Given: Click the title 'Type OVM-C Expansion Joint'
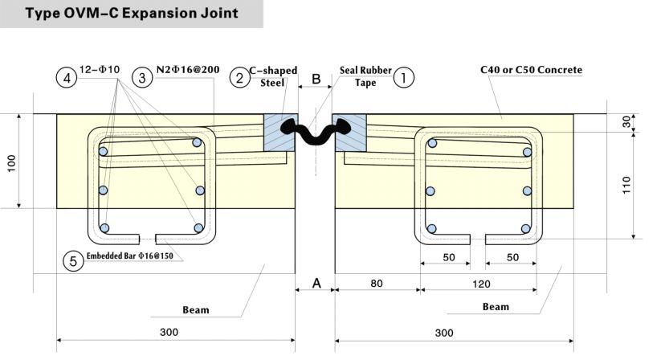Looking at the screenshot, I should click(132, 14).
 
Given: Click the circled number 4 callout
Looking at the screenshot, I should click(67, 78).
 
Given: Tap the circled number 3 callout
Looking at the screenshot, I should click(141, 78).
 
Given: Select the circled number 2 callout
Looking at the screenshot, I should click(239, 78).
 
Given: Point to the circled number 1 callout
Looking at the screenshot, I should click(406, 77).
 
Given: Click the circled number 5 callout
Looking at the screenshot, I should click(73, 261).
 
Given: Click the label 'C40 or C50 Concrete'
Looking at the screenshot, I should click(532, 71).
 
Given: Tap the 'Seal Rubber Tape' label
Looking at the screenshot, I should click(365, 76).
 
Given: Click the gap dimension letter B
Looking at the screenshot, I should click(316, 79).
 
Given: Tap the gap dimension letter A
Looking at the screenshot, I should click(316, 283).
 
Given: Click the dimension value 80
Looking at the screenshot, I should click(376, 283).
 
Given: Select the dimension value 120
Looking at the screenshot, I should click(479, 283).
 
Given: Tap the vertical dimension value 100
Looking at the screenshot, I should click(11, 162).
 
